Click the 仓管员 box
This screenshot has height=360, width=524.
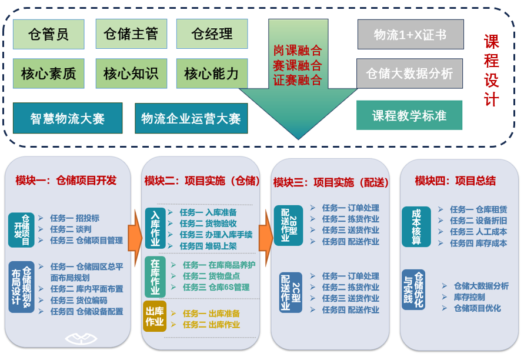[48, 34]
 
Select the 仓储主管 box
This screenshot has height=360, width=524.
[131, 34]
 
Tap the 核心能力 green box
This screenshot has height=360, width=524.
[212, 74]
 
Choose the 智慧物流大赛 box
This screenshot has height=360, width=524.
[68, 118]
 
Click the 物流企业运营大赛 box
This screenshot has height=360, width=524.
[191, 118]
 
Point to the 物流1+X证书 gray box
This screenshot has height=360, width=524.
[410, 35]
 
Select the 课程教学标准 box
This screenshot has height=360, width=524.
[409, 115]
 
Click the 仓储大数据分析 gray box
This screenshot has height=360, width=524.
[409, 74]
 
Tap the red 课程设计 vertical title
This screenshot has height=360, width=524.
[491, 71]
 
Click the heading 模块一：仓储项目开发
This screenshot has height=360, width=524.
[66, 181]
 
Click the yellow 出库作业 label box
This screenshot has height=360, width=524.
[155, 316]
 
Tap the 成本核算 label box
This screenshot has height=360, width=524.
[417, 226]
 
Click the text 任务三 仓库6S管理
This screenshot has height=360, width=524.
[216, 287]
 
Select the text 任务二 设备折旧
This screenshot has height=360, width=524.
[478, 220]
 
